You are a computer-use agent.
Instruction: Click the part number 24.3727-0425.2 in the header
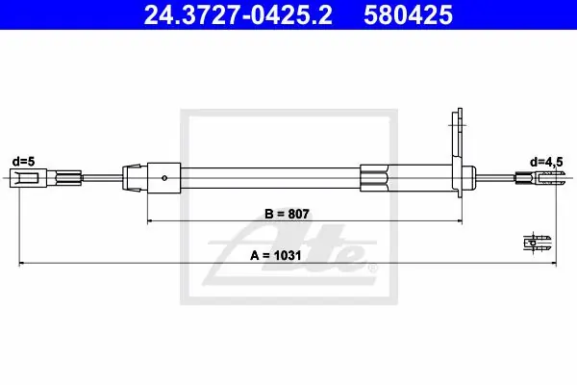click(238, 15)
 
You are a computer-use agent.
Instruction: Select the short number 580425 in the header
click(408, 15)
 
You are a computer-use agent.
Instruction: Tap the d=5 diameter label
click(23, 162)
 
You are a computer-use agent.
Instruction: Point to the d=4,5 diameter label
click(546, 162)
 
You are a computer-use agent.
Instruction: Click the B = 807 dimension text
click(287, 214)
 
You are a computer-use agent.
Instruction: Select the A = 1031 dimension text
click(276, 255)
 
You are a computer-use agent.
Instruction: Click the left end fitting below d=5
click(28, 178)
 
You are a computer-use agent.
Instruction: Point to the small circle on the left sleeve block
click(164, 178)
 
